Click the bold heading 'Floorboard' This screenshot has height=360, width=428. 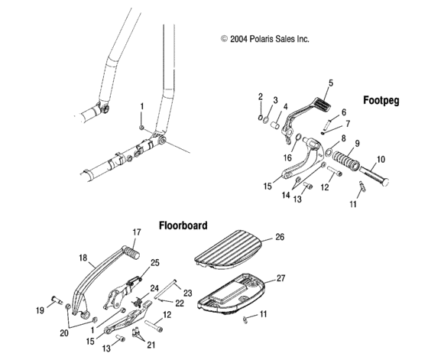click(x=183, y=225)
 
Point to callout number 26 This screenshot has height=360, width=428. click(x=280, y=238)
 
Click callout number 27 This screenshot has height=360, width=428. click(x=280, y=278)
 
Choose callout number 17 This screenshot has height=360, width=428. click(x=137, y=232)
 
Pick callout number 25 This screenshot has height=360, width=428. click(x=155, y=263)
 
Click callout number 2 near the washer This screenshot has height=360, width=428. click(x=260, y=96)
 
